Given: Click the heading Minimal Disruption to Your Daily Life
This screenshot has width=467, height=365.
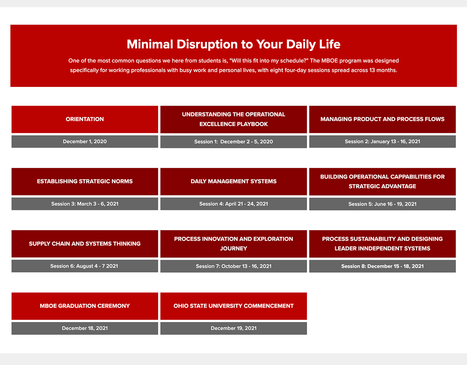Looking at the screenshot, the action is pyautogui.click(x=233, y=44).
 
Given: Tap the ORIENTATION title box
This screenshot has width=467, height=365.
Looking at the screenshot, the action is pyautogui.click(x=85, y=119).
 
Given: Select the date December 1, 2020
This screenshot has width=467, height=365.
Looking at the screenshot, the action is pyautogui.click(x=85, y=141).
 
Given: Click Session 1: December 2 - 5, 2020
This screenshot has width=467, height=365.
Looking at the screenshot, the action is pyautogui.click(x=233, y=142).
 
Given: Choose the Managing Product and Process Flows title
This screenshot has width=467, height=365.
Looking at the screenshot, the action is pyautogui.click(x=382, y=119).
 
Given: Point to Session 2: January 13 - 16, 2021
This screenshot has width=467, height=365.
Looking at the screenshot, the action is pyautogui.click(x=382, y=141).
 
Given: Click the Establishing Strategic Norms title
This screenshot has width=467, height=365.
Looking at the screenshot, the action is pyautogui.click(x=85, y=181).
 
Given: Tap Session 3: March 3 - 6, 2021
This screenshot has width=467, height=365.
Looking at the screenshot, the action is pyautogui.click(x=85, y=204).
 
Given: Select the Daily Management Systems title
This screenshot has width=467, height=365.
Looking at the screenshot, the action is pyautogui.click(x=233, y=181).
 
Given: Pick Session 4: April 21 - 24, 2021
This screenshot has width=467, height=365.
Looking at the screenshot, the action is pyautogui.click(x=233, y=204).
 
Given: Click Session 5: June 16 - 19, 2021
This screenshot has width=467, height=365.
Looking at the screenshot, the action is pyautogui.click(x=382, y=204).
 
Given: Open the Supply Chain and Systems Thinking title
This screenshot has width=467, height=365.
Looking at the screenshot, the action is pyautogui.click(x=85, y=244).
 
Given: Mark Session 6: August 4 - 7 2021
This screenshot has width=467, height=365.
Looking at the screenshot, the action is pyautogui.click(x=84, y=266).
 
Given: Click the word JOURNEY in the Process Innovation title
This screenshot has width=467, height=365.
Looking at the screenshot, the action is pyautogui.click(x=233, y=249).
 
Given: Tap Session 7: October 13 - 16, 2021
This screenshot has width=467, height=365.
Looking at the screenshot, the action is pyautogui.click(x=233, y=266).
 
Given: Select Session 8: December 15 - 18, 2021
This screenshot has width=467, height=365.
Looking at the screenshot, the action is pyautogui.click(x=382, y=266).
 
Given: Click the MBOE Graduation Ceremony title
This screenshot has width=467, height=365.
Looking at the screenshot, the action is pyautogui.click(x=85, y=306).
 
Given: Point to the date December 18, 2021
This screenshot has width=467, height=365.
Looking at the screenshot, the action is pyautogui.click(x=85, y=328).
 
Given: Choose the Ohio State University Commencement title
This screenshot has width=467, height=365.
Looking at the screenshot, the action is pyautogui.click(x=233, y=306).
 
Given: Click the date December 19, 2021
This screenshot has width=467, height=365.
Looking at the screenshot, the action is pyautogui.click(x=233, y=328).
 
